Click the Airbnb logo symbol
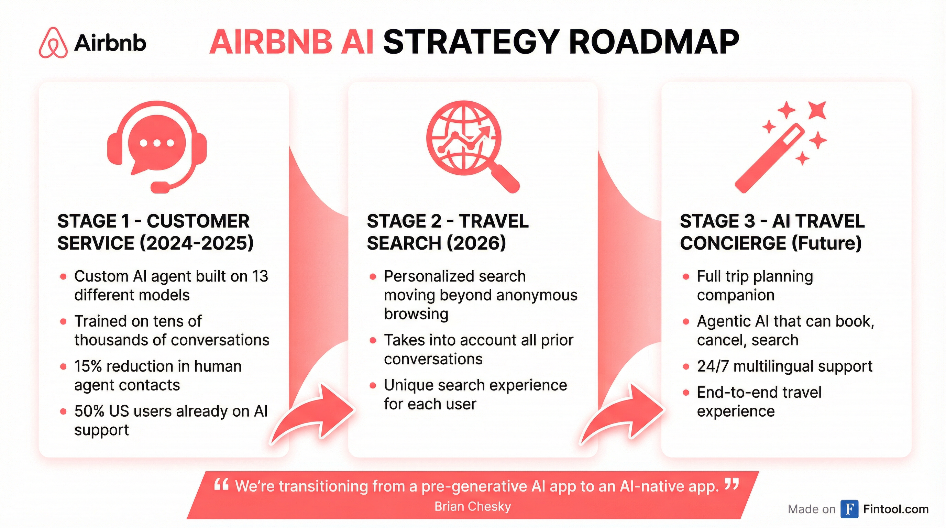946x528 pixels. (x=53, y=43)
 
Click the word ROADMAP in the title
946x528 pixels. (x=654, y=43)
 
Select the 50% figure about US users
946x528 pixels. (x=89, y=411)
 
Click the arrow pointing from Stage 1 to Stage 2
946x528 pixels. (x=316, y=415)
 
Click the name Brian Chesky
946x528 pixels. (x=473, y=507)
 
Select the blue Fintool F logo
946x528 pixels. (x=849, y=509)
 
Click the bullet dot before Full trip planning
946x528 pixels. (x=686, y=276)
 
